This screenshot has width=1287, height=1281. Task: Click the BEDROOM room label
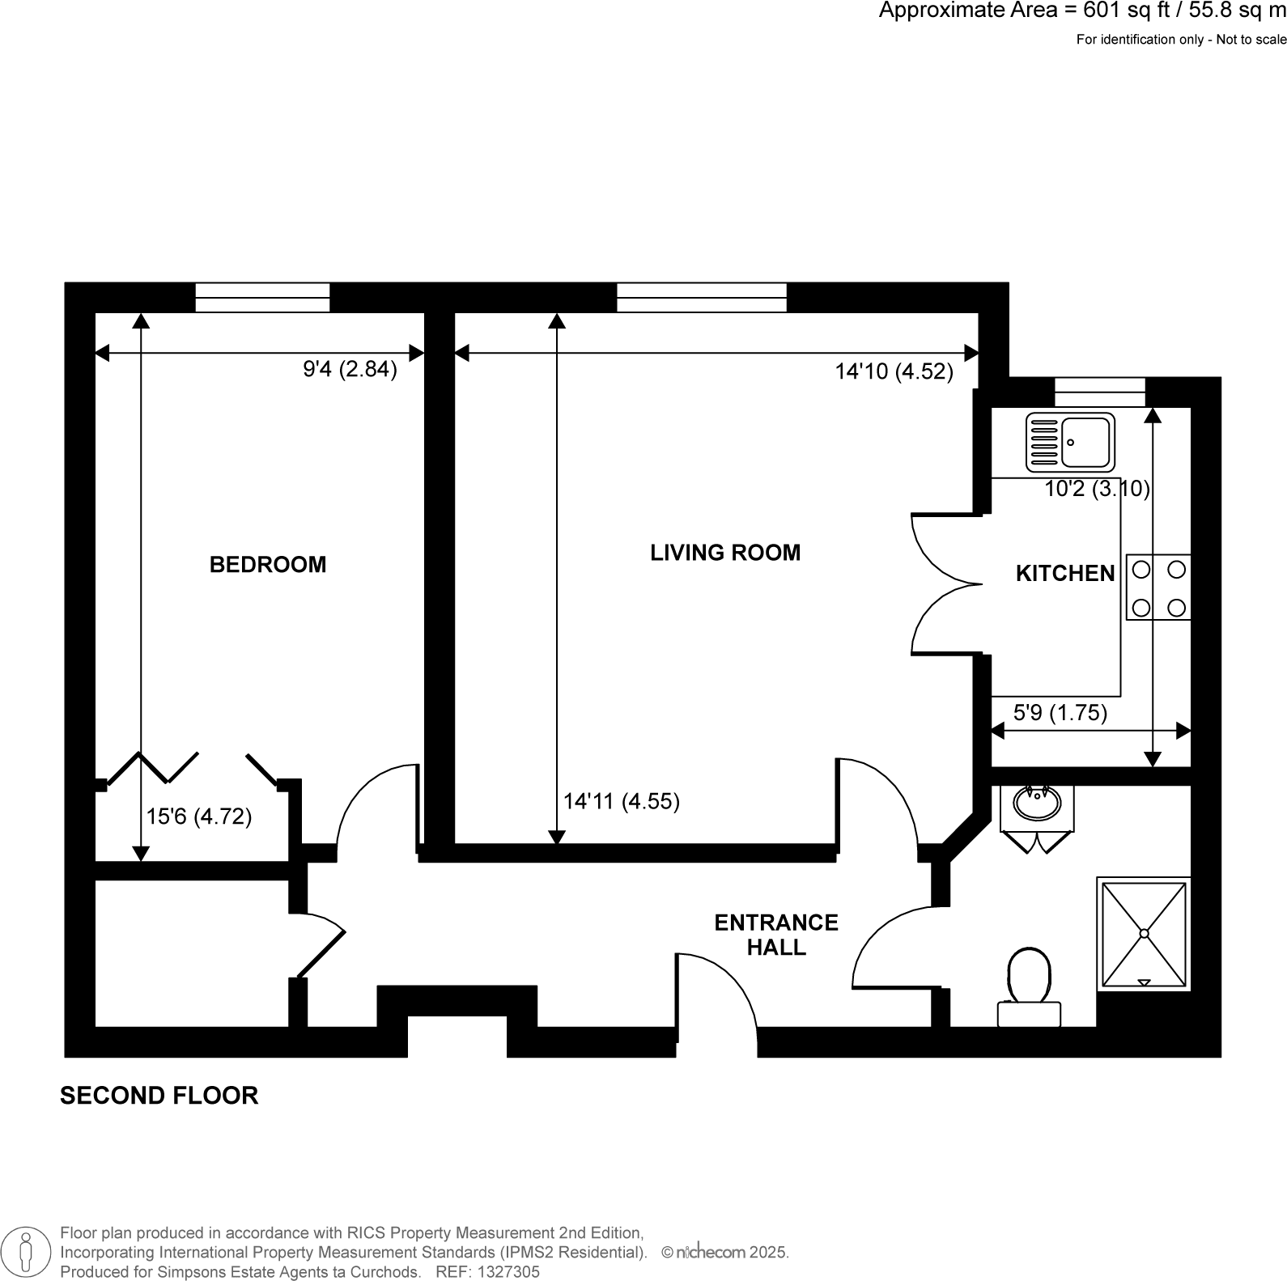268,564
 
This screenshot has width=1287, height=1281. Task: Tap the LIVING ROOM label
725,553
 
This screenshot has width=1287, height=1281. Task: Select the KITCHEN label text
1065,574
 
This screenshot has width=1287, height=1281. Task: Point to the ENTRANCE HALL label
776,935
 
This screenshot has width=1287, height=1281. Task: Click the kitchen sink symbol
1070,443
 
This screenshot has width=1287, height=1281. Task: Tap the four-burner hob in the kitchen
1158,587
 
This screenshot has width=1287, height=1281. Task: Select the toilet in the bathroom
1029,988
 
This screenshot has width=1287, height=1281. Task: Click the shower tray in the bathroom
1144,933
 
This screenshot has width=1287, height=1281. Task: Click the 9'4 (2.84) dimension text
350,370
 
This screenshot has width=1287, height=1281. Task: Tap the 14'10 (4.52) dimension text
894,371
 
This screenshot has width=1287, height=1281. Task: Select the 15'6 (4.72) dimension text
199,817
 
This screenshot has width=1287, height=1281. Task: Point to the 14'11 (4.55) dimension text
622,801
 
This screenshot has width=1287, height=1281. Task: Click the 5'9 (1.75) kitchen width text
1060,713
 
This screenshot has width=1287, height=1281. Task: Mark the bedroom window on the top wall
262,297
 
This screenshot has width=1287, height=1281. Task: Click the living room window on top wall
701,297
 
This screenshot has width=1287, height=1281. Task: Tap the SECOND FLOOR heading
159,1096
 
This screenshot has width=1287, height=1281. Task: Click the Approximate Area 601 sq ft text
1081,11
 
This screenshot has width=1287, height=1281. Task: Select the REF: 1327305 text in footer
487,1272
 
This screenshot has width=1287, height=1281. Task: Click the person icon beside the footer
28,1252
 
